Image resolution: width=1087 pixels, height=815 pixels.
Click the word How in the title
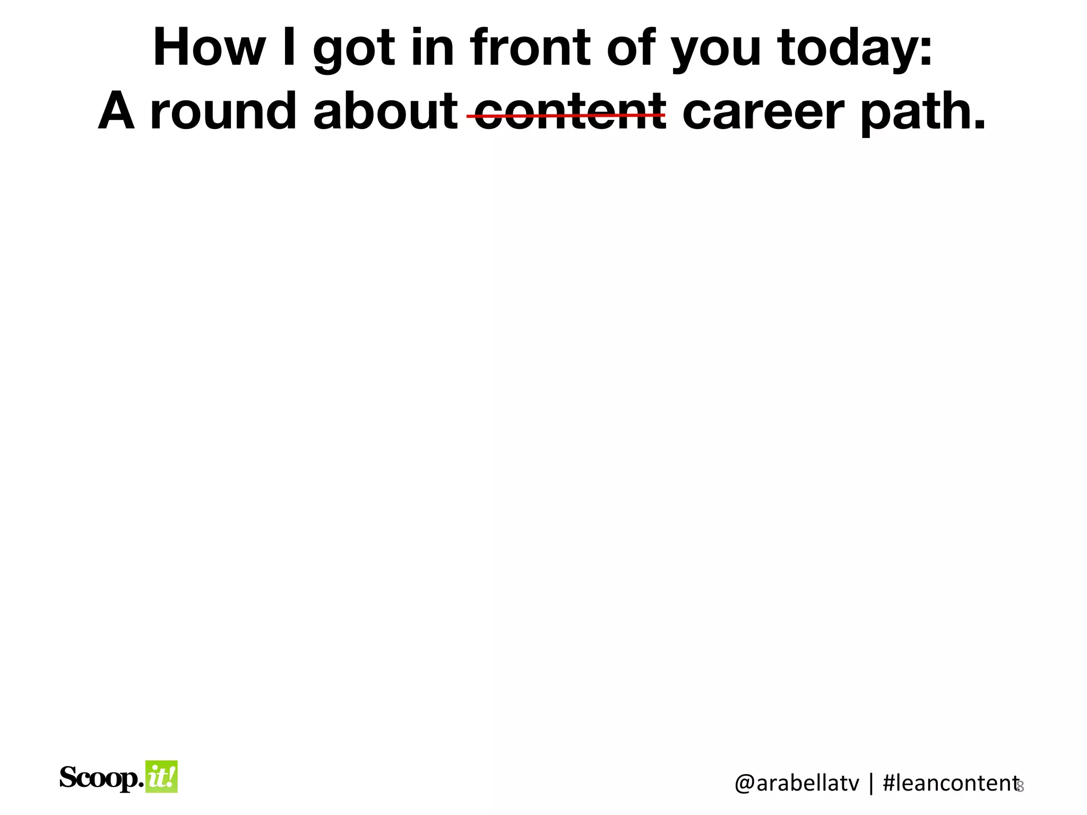(x=209, y=48)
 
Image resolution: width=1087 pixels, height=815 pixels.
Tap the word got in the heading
(x=354, y=50)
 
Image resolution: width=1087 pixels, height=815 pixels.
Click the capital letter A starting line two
(x=116, y=111)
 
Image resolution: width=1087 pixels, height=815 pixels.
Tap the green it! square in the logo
(x=161, y=776)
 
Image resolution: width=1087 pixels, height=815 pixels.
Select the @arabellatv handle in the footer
(x=796, y=783)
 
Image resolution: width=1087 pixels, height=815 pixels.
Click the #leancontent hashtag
(x=949, y=783)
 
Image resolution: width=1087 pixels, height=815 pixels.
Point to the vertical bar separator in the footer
(x=870, y=783)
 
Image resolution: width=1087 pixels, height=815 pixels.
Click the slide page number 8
(x=1020, y=787)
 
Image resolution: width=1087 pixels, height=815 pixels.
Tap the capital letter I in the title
(x=289, y=48)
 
